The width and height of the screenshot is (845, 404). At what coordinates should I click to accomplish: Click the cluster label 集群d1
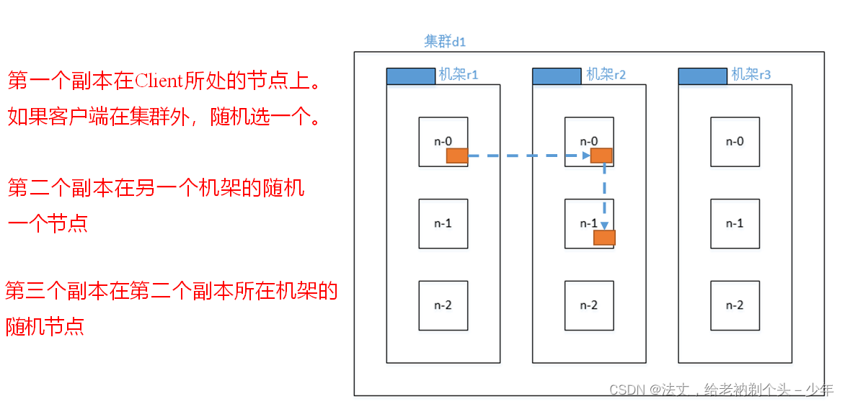(x=445, y=42)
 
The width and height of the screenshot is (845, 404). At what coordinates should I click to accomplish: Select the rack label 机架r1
(x=459, y=74)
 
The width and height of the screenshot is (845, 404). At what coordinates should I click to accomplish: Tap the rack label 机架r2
(x=606, y=74)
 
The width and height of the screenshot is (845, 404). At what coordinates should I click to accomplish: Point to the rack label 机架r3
(x=751, y=74)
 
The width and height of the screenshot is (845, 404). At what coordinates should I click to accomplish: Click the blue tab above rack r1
(x=411, y=76)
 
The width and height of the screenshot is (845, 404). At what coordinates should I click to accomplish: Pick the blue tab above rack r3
(x=702, y=76)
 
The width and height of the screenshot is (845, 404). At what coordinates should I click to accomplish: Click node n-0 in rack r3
(x=735, y=142)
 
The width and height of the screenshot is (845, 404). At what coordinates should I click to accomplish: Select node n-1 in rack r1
(x=443, y=224)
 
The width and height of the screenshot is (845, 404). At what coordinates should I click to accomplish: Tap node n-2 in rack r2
(x=589, y=305)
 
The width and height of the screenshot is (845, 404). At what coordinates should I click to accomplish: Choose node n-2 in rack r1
(x=443, y=305)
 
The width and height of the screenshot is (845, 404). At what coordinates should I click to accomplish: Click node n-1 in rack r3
(x=735, y=224)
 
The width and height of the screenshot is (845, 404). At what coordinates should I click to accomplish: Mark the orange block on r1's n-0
(x=457, y=156)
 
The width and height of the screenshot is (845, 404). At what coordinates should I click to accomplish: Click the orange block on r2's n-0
(x=601, y=156)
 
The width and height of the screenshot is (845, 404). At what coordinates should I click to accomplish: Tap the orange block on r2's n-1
(x=604, y=238)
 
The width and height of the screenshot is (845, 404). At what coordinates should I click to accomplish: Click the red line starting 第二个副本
(x=156, y=189)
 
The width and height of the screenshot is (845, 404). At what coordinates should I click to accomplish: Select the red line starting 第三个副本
(x=172, y=292)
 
